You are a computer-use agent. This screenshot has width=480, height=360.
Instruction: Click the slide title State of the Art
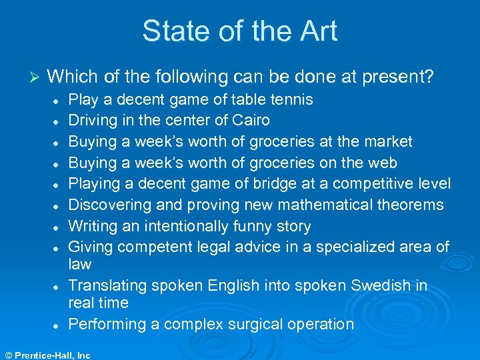[239, 31]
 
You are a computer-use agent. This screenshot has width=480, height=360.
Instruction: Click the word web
[383, 163]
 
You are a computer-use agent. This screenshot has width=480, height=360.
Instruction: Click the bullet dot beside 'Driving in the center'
[58, 121]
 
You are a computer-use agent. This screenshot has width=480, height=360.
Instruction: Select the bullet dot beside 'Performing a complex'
[58, 325]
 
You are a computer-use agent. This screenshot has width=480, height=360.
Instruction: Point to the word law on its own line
[80, 265]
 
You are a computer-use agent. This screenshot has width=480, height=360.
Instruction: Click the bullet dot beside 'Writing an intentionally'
[58, 227]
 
